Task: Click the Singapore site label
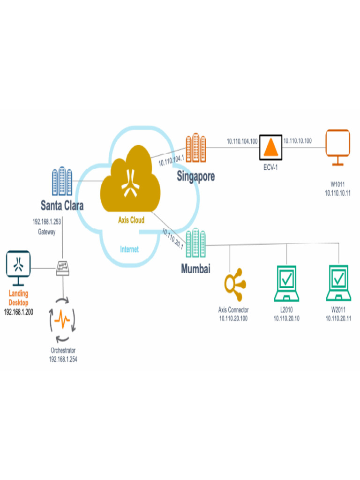tap(195, 176)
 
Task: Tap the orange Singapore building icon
tap(195, 148)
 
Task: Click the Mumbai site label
tap(195, 269)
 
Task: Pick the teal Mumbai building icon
tap(195, 244)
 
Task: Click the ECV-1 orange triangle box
tap(270, 147)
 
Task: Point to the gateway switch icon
tap(63, 268)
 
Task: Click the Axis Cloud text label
tap(131, 220)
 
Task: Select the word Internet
tap(129, 249)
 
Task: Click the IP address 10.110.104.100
tap(242, 141)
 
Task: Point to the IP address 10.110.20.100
tap(233, 318)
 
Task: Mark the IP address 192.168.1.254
tap(64, 359)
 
